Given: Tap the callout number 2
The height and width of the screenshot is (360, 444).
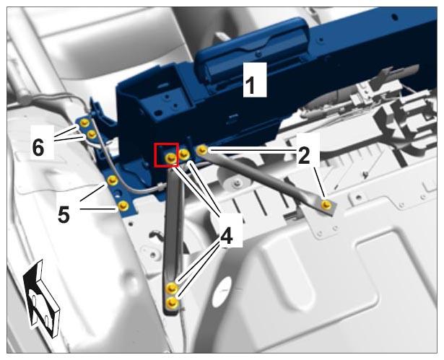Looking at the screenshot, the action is [304, 156].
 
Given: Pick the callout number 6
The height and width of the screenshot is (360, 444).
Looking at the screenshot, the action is [38, 147].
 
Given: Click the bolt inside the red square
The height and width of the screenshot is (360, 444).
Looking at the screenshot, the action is [170, 158].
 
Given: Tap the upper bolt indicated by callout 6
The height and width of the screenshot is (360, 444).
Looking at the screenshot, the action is [84, 123].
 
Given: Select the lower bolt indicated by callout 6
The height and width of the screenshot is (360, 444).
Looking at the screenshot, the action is [92, 134].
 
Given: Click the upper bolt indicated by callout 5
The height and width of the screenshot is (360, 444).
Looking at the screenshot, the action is [113, 180].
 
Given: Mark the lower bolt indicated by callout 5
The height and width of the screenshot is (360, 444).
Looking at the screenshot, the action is [123, 206].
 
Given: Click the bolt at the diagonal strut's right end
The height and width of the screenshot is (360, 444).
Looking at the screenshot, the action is [326, 204].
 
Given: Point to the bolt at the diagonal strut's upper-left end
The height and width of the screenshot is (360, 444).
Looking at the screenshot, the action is [202, 150].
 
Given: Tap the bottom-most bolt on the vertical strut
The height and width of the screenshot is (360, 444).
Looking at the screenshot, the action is [171, 303].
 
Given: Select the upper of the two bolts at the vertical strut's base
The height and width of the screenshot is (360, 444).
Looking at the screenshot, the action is [171, 288].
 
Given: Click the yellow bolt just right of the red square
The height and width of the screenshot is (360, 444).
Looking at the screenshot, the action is [184, 154].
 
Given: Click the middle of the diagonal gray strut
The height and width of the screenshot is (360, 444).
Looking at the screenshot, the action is [264, 177].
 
